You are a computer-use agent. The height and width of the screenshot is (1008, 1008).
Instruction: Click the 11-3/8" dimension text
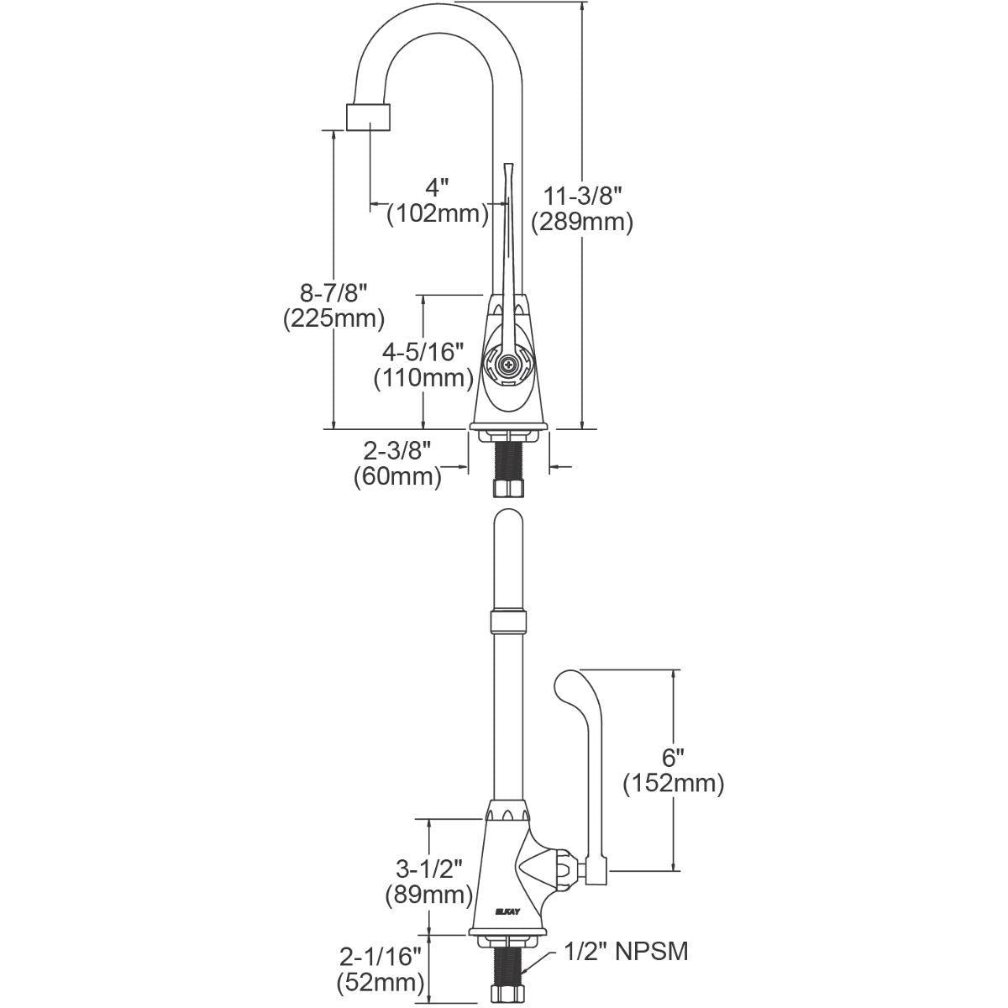(x=581, y=197)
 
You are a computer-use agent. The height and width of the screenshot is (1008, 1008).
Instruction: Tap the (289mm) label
(x=581, y=223)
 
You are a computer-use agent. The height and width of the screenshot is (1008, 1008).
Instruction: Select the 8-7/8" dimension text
(x=333, y=293)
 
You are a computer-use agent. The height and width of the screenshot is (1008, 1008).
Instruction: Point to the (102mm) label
(x=438, y=213)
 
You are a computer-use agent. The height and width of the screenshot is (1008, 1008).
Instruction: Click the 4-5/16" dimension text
(x=423, y=352)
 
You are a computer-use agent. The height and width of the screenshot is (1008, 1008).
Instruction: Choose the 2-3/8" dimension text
(x=397, y=450)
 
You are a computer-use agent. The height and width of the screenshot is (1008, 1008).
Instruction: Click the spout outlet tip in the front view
(x=368, y=117)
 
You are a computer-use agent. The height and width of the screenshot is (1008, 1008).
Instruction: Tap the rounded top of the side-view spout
(x=508, y=519)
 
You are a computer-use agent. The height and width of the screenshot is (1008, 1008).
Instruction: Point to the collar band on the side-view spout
(x=507, y=622)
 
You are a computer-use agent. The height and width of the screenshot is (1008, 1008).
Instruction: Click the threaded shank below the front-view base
(x=507, y=461)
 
